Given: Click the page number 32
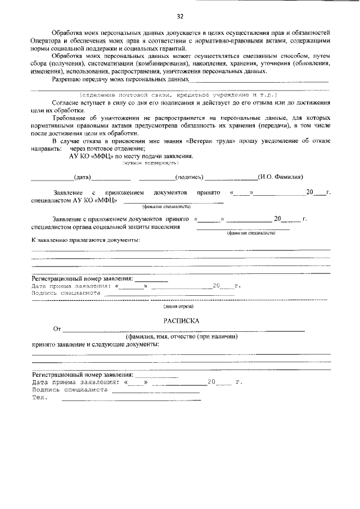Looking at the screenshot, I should pos(180,15).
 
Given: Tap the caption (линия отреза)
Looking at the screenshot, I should pos(178,307).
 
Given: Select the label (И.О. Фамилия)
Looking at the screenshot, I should pos(281,177).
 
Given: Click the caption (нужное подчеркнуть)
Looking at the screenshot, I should pos(150,163).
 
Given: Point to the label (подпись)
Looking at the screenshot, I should pos(190,177).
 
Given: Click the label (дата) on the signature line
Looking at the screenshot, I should pos(83,177).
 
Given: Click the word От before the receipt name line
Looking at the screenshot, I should pos(56,329).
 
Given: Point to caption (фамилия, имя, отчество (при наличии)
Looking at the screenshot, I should pos(178,336).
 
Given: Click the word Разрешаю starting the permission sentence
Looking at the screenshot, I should pos(67,80).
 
